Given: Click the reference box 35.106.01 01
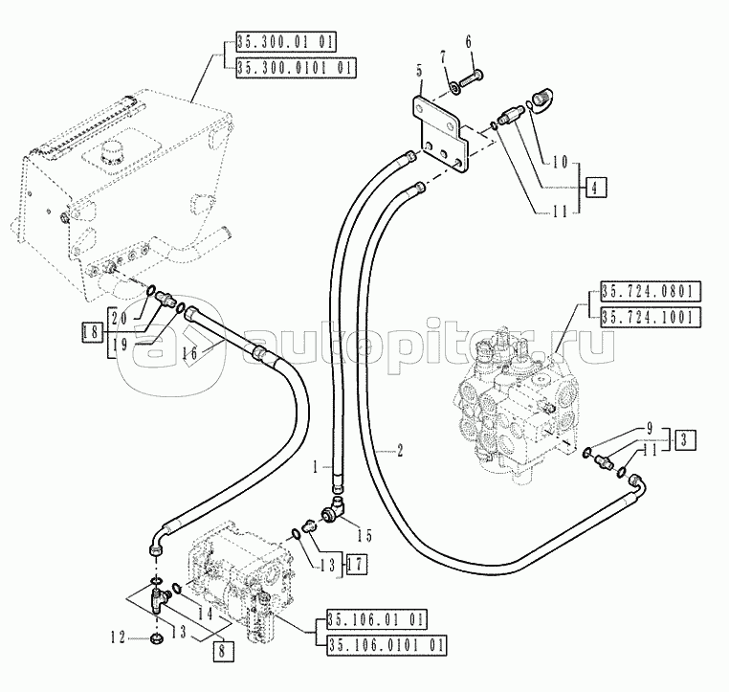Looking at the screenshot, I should pos(375,617).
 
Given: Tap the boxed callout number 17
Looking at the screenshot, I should pos(357,563).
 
